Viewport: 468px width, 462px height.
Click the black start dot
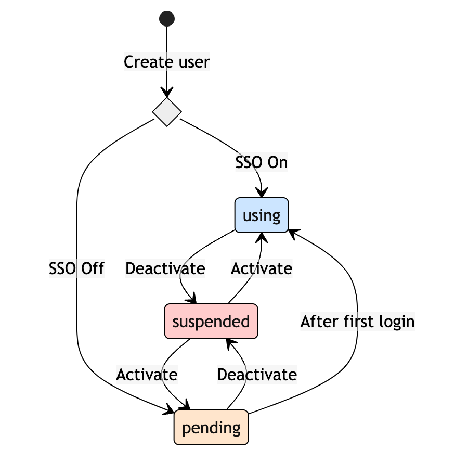coord(167,19)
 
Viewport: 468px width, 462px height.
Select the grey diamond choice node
coord(167,111)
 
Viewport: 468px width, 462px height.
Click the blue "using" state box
coord(262,215)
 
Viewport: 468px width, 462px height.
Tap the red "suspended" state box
coord(211,321)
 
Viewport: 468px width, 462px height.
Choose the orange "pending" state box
coord(211,428)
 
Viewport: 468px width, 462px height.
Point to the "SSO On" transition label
coord(262,162)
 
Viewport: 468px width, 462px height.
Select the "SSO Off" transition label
coord(76,268)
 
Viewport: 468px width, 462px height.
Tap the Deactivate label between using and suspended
coord(165,268)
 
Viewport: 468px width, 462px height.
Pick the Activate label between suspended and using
coord(262,268)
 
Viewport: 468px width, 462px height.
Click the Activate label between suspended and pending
coord(147,374)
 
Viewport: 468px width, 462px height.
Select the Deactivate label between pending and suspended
coord(257,374)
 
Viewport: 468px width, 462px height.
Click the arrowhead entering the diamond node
coord(167,94)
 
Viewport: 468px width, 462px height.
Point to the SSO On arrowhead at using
coord(263,194)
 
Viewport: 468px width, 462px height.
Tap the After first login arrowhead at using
coord(293,233)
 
